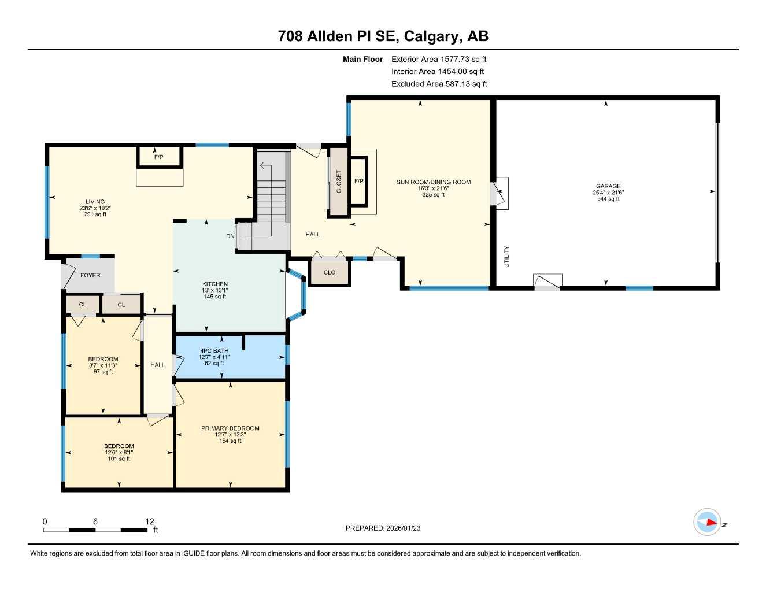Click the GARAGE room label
[x=608, y=186]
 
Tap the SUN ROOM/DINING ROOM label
[x=433, y=182]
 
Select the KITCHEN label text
[x=214, y=284]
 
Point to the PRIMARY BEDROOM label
[x=230, y=428]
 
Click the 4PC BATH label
[x=214, y=351]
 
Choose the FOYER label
[x=90, y=276]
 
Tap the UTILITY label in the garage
[x=506, y=256]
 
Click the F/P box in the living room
[x=159, y=157]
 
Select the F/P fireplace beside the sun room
[x=358, y=182]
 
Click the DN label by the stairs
[x=230, y=236]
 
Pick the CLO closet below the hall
[x=330, y=272]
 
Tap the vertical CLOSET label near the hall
[x=339, y=182]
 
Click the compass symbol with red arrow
[x=706, y=523]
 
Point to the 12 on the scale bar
[x=150, y=521]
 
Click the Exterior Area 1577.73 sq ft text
[x=439, y=59]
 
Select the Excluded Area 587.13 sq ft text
[x=439, y=84]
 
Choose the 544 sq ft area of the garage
[x=608, y=199]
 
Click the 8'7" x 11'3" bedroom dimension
[x=103, y=365]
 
